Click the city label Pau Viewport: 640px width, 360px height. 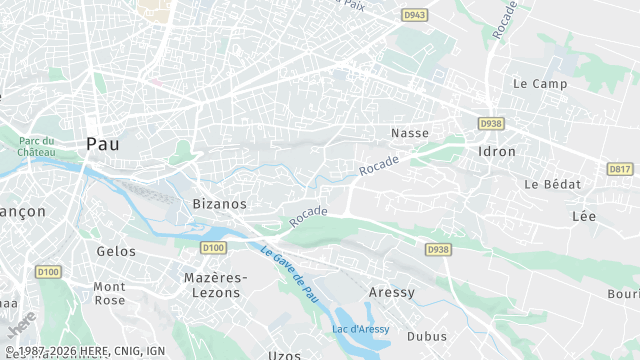pyautogui.click(x=102, y=144)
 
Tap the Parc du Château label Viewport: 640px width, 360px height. pyautogui.click(x=36, y=145)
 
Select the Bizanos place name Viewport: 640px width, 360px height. pyautogui.click(x=219, y=203)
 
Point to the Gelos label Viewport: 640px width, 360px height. pyautogui.click(x=116, y=251)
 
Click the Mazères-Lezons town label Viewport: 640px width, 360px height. pyautogui.click(x=213, y=284)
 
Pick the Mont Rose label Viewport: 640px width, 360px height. pyautogui.click(x=110, y=293)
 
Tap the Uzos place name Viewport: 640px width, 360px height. pyautogui.click(x=285, y=355)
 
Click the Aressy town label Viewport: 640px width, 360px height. pyautogui.click(x=391, y=291)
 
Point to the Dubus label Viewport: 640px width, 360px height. pyautogui.click(x=427, y=336)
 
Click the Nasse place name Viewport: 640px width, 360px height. pyautogui.click(x=409, y=132)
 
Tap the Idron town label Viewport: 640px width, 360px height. pyautogui.click(x=497, y=152)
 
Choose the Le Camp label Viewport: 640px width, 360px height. pyautogui.click(x=533, y=84)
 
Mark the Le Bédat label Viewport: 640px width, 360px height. pyautogui.click(x=546, y=184)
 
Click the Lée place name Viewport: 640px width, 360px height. pyautogui.click(x=583, y=216)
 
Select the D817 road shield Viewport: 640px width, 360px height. pyautogui.click(x=620, y=169)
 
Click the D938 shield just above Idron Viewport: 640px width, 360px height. pyautogui.click(x=490, y=124)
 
